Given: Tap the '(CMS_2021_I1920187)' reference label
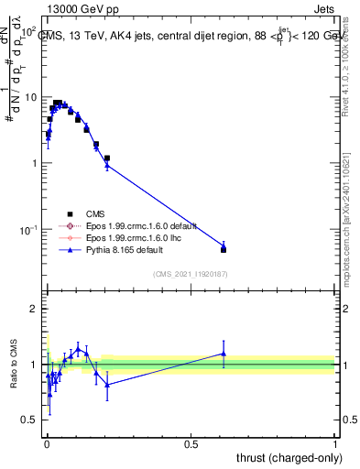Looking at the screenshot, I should point(191,272).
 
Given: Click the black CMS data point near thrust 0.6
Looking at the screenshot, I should point(224,249).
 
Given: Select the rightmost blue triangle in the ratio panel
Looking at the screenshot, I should point(224,353).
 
